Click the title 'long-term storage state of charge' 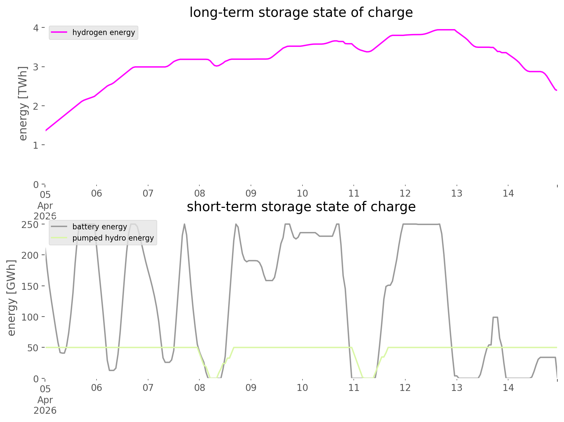301,13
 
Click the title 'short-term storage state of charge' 301,207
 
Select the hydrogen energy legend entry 103,32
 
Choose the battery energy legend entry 100,227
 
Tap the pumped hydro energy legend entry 113,238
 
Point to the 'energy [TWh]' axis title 23,103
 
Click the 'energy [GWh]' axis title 12,298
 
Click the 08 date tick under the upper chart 199,193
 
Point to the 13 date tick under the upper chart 457,193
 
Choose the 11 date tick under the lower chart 354,388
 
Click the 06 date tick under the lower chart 97,388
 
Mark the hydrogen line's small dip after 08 217,66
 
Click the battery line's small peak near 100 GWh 495,318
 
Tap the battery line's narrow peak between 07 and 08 184,225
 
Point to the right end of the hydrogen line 556,90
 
